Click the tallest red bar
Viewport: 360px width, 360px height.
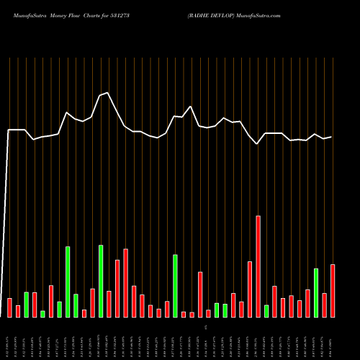click(x=258, y=266)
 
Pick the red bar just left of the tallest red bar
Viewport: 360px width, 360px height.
click(x=250, y=289)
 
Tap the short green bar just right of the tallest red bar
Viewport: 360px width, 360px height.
click(x=266, y=311)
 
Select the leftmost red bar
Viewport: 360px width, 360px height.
click(x=9, y=307)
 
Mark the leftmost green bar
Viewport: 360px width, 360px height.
click(x=26, y=304)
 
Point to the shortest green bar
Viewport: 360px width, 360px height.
click(x=42, y=314)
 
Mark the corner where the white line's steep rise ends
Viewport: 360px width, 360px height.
click(x=9, y=130)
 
